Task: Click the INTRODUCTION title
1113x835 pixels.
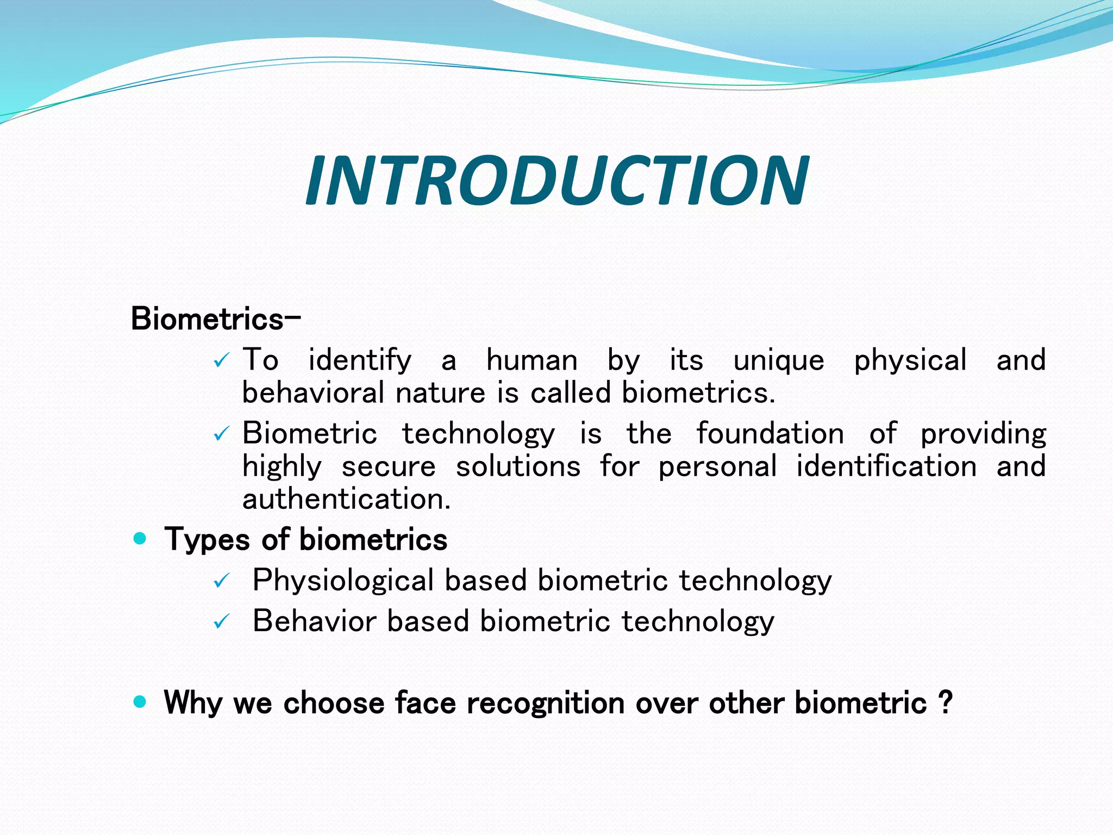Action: point(556,181)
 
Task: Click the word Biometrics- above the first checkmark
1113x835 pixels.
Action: point(215,319)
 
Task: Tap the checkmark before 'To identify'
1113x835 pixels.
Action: point(222,361)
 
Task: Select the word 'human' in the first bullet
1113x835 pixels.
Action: point(532,360)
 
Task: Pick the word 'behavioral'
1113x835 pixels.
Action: point(313,393)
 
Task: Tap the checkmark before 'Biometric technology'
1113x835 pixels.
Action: point(222,434)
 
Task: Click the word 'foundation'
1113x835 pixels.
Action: point(770,434)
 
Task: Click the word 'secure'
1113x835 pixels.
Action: point(389,467)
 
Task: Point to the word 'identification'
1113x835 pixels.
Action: point(886,466)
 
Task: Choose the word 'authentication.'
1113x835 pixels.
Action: point(347,499)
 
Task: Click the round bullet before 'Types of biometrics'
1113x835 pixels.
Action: point(140,539)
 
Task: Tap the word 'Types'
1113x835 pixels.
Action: point(207,540)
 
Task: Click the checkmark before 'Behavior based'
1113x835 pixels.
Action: point(222,621)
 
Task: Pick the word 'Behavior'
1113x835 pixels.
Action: point(314,621)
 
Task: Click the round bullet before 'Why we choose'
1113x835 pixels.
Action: point(140,702)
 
